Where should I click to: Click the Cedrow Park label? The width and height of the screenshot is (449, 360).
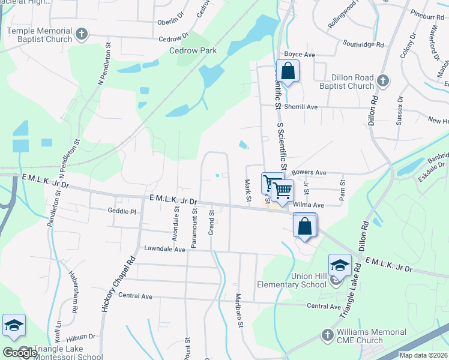(x=193, y=51)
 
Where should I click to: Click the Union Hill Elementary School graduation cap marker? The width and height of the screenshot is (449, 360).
(x=339, y=264)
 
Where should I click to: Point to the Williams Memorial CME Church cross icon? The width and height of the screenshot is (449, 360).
(x=328, y=334)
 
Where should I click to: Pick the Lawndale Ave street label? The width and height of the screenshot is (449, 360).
(x=164, y=248)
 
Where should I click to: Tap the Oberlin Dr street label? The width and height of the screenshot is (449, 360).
(x=169, y=20)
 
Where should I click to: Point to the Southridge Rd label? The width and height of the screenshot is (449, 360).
(x=363, y=44)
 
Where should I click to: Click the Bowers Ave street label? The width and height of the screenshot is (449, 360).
(x=309, y=173)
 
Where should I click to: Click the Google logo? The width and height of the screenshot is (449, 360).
(x=20, y=352)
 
